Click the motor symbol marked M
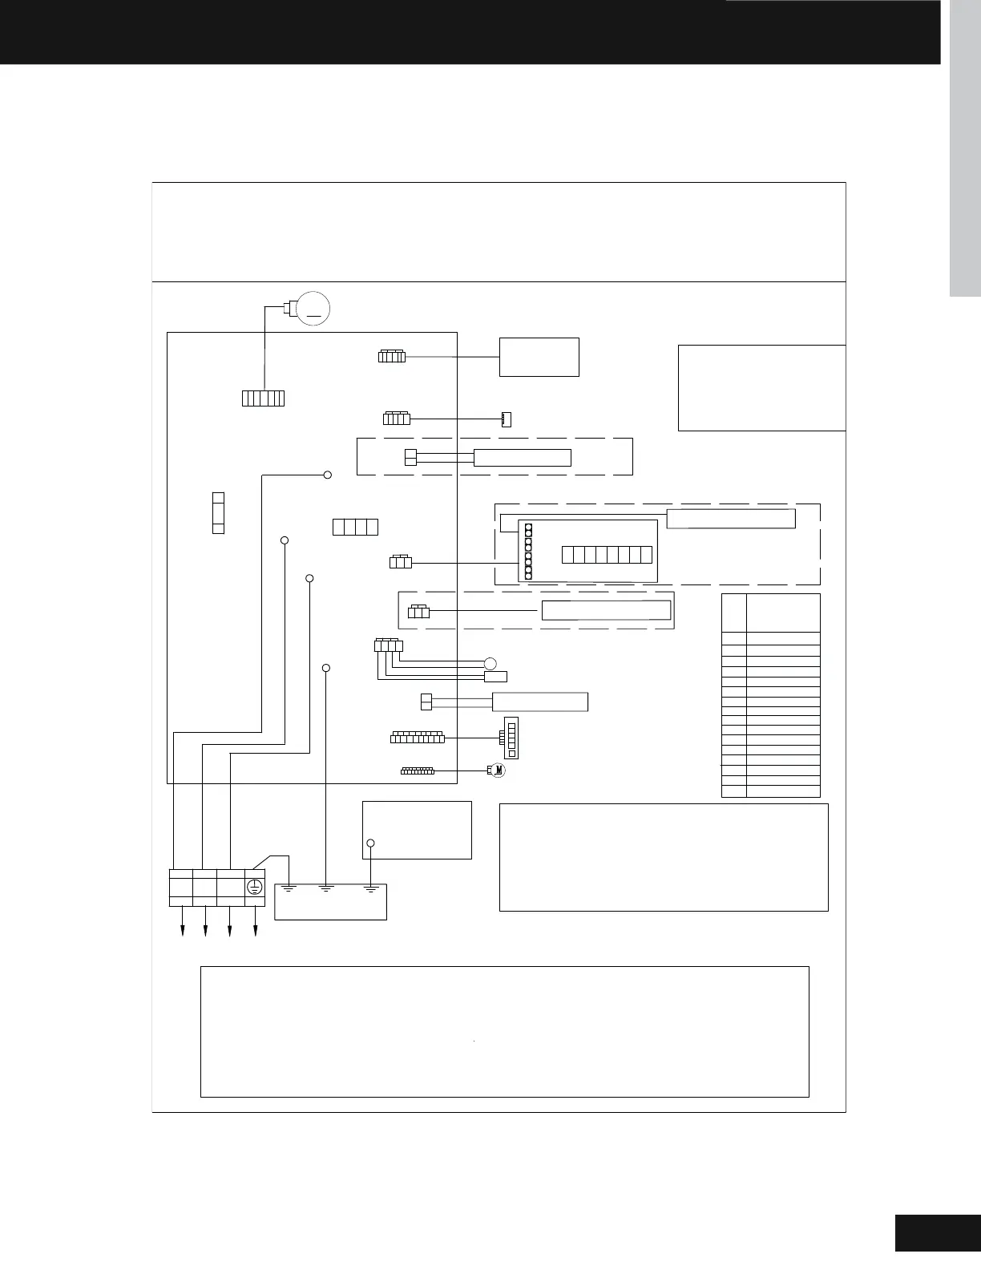pos(499,770)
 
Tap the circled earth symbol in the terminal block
pos(254,887)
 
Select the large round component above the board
pos(313,309)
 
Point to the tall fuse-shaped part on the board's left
pos(218,513)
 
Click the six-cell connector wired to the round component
pos(263,398)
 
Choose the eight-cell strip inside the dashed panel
pos(607,554)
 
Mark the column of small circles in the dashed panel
pos(529,551)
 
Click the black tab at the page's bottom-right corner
pos(938,1232)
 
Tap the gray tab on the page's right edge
pos(965,148)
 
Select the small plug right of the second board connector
pos(506,419)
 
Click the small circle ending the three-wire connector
pos(490,662)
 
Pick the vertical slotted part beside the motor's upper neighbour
pos(511,737)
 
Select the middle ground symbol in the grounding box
pos(325,888)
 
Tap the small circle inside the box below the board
pos(370,843)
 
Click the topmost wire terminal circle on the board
pos(327,475)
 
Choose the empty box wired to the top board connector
pos(539,357)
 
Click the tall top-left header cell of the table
pos(733,613)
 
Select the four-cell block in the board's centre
pos(355,527)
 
